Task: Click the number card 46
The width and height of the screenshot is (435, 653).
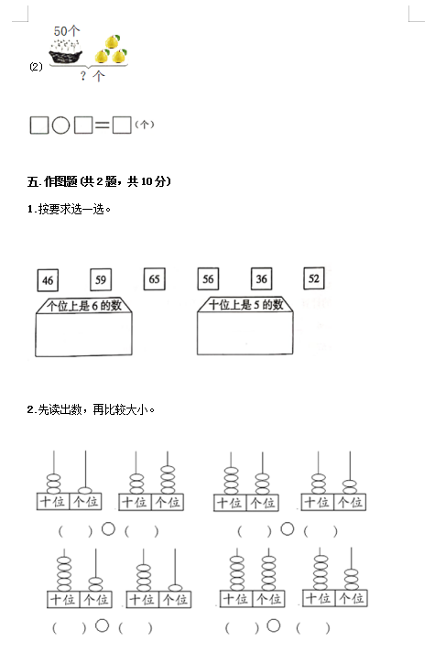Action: point(48,280)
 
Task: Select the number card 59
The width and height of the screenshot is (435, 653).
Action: point(101,279)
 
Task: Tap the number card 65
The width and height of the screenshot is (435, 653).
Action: point(154,278)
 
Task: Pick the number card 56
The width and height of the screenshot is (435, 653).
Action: point(208,278)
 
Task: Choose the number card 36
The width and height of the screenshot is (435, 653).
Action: point(261,278)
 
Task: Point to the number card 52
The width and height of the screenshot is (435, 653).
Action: point(314,278)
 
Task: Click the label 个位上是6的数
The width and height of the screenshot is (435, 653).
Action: point(83,306)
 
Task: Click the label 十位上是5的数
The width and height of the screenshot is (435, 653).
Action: point(245,304)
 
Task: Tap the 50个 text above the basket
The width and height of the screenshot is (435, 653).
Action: point(67,31)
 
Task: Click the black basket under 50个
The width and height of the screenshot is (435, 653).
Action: point(65,56)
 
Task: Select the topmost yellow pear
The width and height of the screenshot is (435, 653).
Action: point(112,41)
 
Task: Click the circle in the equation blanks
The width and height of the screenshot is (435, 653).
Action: point(60,125)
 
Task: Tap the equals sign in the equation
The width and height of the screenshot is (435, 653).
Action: point(102,125)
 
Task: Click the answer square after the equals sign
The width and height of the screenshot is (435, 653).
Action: point(122,125)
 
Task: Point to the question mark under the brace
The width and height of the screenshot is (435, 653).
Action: point(83,76)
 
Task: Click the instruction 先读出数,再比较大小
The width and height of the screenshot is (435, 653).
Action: point(96,409)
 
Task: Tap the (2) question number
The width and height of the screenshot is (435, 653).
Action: point(37,67)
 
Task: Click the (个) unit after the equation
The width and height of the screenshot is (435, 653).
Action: point(145,125)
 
